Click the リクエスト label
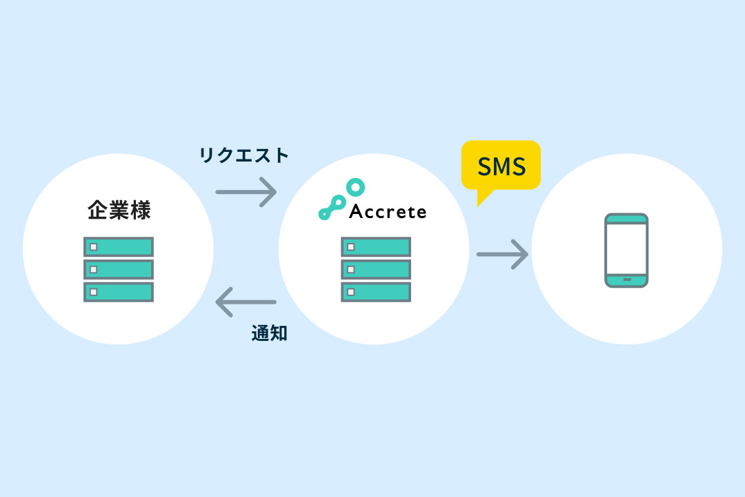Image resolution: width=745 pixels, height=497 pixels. pos(244,155)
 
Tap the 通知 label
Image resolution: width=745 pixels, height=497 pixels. pos(269,334)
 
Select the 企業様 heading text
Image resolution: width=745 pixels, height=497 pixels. pos(119,210)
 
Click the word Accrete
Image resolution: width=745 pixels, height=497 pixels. pos(388,211)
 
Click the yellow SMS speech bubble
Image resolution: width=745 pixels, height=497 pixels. pos(501,166)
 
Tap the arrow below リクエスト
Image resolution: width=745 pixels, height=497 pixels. pos(246,191)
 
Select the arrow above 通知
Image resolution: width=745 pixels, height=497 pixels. pos(246,302)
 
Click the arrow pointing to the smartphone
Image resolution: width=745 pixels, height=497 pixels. pos(502,254)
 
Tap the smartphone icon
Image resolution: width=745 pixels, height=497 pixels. pos(626,250)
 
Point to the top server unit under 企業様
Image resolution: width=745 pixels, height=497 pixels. pos(119,247)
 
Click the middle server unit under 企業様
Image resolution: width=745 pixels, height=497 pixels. pos(119,269)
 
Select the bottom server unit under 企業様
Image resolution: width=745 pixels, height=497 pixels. pos(119,292)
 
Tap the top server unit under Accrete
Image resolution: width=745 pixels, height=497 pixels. pos(376,247)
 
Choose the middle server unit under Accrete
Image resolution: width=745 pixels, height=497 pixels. pos(376,269)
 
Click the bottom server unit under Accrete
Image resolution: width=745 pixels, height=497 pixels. pos(376,292)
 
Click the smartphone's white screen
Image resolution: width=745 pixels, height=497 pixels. pos(626,248)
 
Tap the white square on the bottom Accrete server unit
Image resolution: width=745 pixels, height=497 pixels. pos(350,292)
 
